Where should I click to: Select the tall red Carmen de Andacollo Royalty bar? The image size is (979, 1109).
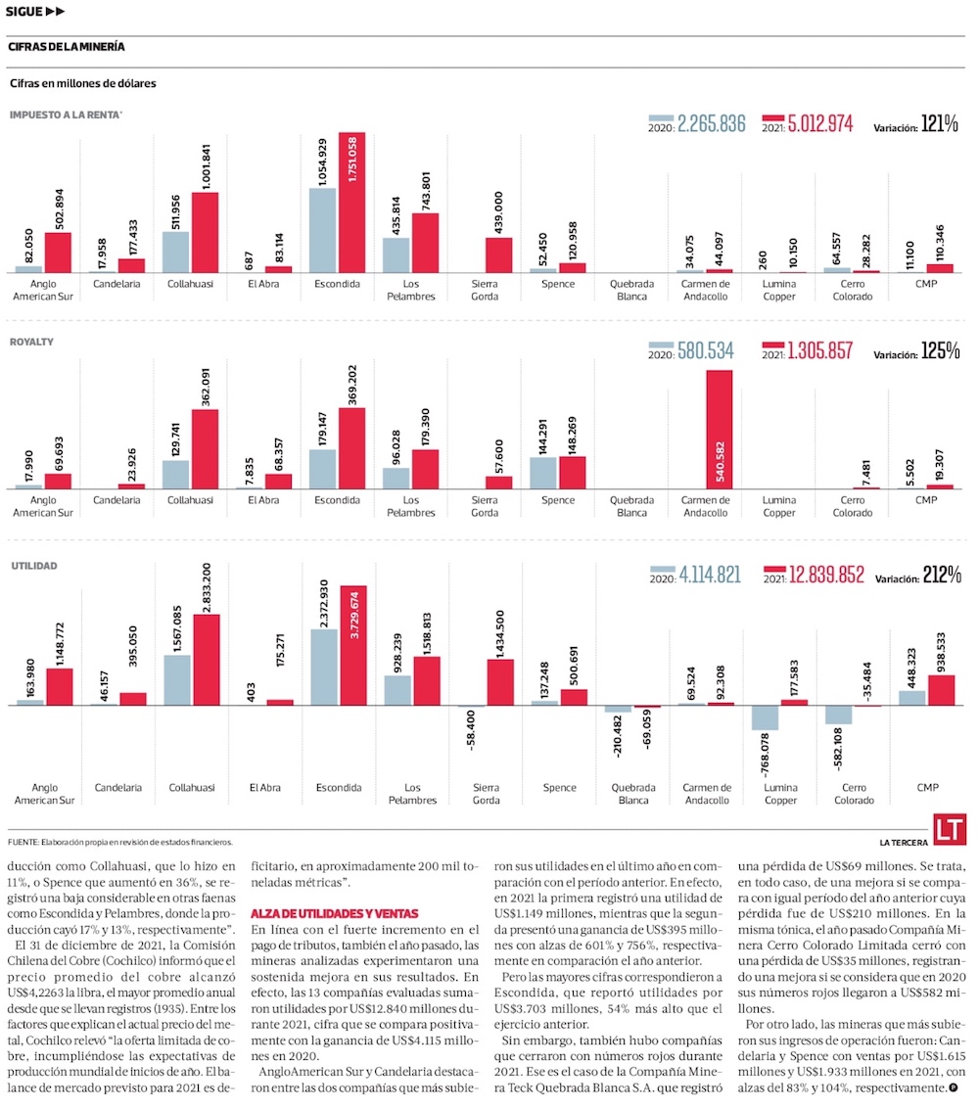point(720,430)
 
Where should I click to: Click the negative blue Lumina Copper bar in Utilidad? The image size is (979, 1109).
point(765,717)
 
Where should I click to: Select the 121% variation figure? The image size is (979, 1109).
point(940,124)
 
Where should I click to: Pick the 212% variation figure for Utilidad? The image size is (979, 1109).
point(940,576)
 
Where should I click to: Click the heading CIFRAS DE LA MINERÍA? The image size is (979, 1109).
point(66,47)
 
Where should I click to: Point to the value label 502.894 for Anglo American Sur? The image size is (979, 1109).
point(58,205)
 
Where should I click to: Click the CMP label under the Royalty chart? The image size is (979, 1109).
point(926,500)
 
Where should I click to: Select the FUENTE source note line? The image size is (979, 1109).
point(120,842)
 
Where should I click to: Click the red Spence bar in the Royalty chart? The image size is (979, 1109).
point(573,472)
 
